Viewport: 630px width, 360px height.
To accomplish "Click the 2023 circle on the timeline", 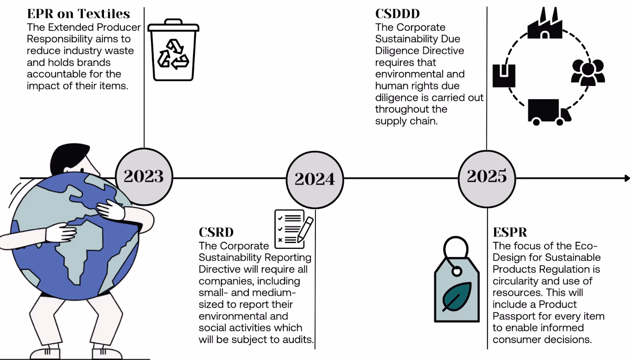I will pyautogui.click(x=144, y=176).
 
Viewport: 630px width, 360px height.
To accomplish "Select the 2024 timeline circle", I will pyautogui.click(x=315, y=180).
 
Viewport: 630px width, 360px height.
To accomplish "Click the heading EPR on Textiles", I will pyautogui.click(x=78, y=14).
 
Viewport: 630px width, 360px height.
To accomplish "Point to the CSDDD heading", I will pyautogui.click(x=397, y=14).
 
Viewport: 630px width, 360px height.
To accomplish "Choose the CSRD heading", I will pyautogui.click(x=216, y=232).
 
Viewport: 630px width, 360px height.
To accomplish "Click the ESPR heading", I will pyautogui.click(x=510, y=232).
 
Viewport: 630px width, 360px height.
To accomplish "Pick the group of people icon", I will pyautogui.click(x=588, y=72).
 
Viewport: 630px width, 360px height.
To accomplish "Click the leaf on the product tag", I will pyautogui.click(x=457, y=297).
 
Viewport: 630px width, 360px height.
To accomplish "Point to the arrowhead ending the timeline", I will pyautogui.click(x=627, y=178).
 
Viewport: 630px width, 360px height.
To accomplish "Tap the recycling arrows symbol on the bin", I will pyautogui.click(x=173, y=55).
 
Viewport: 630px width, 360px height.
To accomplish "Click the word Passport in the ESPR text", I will pyautogui.click(x=511, y=316).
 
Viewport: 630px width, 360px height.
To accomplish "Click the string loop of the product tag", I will pyautogui.click(x=456, y=248).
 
